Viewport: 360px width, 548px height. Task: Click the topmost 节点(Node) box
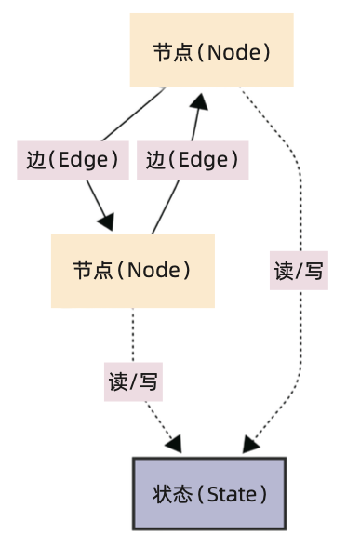(x=211, y=51)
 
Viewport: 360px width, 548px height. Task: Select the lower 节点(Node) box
(x=132, y=271)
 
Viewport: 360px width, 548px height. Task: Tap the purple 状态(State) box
(x=209, y=493)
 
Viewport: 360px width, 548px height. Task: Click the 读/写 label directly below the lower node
(x=133, y=381)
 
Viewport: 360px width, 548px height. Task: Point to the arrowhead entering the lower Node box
(x=106, y=222)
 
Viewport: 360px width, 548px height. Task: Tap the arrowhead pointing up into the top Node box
(x=197, y=99)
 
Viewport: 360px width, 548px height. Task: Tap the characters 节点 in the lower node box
(x=91, y=271)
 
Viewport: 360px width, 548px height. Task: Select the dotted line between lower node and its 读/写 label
(x=133, y=335)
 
